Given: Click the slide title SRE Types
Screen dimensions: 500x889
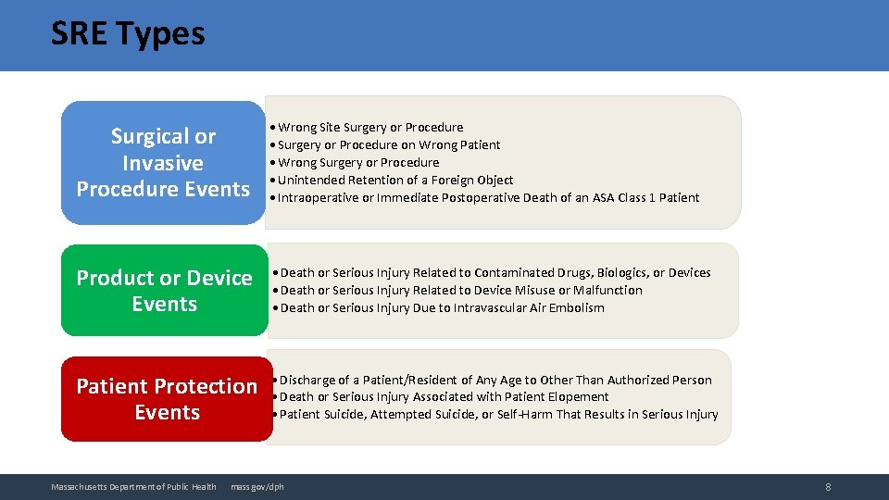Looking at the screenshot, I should (128, 34).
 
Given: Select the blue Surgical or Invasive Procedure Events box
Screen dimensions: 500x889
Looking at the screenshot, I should (163, 163).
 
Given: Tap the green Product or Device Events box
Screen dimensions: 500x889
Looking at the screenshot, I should (164, 291).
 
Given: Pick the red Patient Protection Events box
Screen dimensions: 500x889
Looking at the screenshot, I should (167, 399).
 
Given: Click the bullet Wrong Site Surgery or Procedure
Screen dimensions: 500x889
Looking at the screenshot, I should (369, 128).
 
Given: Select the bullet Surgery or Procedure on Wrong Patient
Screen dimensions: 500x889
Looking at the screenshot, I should (388, 145).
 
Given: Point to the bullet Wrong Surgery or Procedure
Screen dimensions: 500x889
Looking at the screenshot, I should (357, 163).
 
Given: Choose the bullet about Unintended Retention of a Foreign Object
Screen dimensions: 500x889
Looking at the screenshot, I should (394, 181).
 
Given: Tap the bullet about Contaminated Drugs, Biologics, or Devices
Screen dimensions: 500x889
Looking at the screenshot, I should (495, 273).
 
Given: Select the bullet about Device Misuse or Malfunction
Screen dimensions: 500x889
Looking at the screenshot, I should (460, 291).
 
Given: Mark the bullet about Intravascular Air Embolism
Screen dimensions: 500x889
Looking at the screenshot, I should (441, 308).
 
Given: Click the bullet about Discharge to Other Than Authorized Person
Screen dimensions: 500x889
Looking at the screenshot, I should (495, 381).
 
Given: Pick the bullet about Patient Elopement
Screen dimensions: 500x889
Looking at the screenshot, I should (443, 397).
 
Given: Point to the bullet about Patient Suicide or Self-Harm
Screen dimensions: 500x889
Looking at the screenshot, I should (497, 415).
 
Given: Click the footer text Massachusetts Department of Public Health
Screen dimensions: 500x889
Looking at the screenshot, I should (133, 487).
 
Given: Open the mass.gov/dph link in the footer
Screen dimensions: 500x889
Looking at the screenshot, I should (257, 487).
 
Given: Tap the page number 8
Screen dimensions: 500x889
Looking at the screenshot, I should (828, 487).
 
